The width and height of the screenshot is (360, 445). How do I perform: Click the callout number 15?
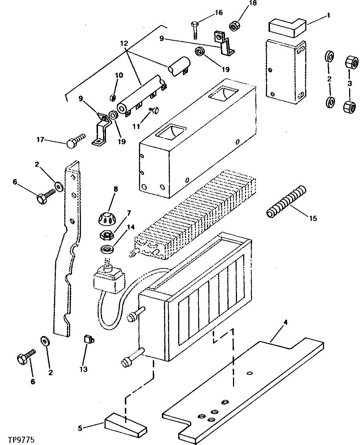312,218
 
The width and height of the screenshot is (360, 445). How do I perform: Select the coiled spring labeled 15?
286,202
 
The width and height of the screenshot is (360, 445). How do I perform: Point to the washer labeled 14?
107,250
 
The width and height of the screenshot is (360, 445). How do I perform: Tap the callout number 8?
116,189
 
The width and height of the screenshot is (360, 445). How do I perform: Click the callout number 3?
349,83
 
